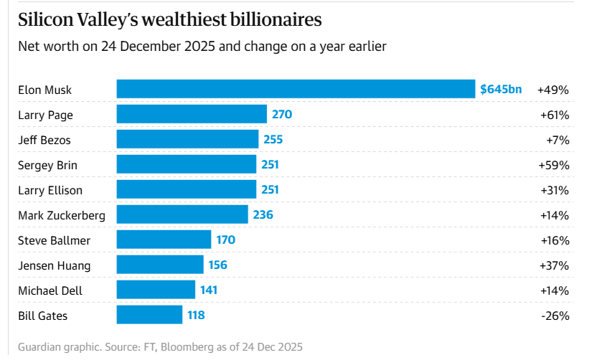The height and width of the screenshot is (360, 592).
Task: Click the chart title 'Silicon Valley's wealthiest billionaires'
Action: coord(170,19)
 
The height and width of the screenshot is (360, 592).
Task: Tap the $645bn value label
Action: coord(501,90)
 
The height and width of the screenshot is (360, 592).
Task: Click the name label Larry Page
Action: coord(45,115)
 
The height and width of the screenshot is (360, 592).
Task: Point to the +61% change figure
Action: coord(554,115)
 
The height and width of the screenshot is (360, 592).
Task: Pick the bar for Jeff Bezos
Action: coord(187,140)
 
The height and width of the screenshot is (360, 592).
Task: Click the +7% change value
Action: coord(558,140)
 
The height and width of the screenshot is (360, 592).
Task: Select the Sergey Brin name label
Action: coord(48,165)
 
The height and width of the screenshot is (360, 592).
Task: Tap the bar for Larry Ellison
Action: coord(187,190)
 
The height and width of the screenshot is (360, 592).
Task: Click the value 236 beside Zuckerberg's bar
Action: coord(263,215)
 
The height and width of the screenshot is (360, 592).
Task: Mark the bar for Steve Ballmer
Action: coord(164,240)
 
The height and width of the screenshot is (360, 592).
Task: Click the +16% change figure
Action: coord(554,240)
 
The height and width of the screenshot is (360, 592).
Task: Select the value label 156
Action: coord(217,265)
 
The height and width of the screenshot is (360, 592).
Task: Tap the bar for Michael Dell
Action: coord(156,290)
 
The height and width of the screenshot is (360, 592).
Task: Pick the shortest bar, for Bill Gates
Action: coord(149,316)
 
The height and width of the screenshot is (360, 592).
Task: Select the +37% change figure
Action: coord(554,265)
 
